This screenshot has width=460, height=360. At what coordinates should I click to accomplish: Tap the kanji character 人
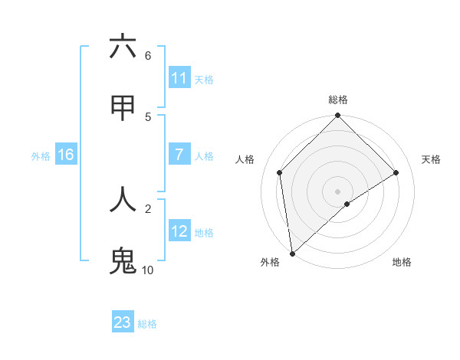[x=123, y=199]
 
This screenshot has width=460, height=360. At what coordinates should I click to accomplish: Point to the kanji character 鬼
[x=123, y=260]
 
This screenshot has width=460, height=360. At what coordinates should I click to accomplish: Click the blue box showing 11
[x=179, y=78]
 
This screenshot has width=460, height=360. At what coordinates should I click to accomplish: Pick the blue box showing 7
[x=179, y=155]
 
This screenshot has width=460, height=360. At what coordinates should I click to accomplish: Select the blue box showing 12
[x=179, y=231]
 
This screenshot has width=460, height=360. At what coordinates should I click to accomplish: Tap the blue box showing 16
[x=66, y=155]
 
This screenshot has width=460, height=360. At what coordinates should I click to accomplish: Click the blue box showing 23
[x=123, y=322]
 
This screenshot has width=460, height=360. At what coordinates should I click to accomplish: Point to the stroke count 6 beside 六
[x=148, y=55]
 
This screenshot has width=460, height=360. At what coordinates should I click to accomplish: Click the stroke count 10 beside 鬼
[x=147, y=270]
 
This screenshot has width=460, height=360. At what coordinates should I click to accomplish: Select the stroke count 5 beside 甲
[x=148, y=116]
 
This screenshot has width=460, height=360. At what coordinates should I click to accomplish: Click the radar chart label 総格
[x=338, y=100]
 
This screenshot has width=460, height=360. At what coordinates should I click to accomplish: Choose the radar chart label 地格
[x=402, y=263]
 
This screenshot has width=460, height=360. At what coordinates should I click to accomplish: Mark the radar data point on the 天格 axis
[x=396, y=172]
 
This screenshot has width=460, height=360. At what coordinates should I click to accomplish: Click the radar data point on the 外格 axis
[x=292, y=254]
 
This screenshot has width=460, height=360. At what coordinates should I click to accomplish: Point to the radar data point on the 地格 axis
[x=347, y=204]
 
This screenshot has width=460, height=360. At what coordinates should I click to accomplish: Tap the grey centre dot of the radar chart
[x=338, y=191]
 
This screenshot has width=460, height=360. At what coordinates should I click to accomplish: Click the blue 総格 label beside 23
[x=147, y=324]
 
